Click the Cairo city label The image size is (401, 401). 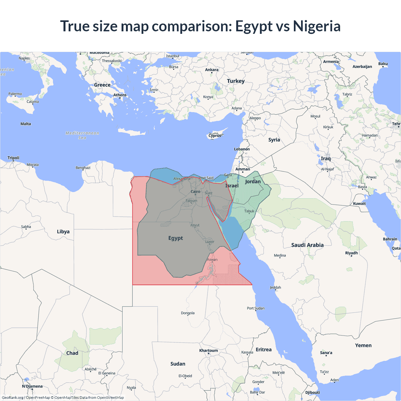(x=195, y=191)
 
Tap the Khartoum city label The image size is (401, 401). (x=208, y=350)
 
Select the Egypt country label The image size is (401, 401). (x=175, y=238)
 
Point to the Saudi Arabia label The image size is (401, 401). (x=307, y=245)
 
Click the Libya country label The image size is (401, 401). (x=63, y=232)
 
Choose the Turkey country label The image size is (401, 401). (x=236, y=81)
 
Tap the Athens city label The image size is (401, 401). (x=120, y=95)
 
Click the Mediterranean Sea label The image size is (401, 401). (x=82, y=135)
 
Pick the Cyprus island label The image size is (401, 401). (x=215, y=136)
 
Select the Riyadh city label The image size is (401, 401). (x=352, y=253)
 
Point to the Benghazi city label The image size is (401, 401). (x=83, y=168)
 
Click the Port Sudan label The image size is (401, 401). (x=256, y=308)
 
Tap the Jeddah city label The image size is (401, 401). (x=275, y=287)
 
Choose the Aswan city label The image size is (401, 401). (x=212, y=259)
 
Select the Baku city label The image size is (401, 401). (x=383, y=64)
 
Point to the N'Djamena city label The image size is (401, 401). (x=32, y=386)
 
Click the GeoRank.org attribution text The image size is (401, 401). (x=13, y=398)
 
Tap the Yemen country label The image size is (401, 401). (x=363, y=345)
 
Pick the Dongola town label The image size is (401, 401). (x=188, y=313)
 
